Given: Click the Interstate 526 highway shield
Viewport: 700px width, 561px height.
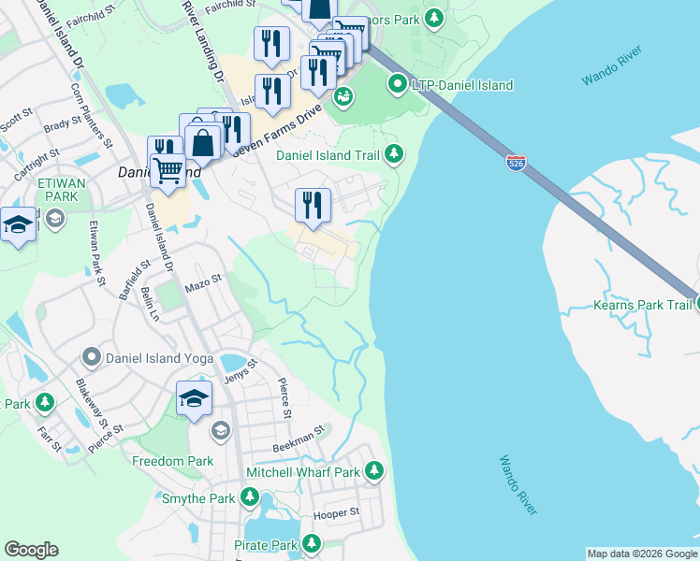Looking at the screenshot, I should [x=514, y=162].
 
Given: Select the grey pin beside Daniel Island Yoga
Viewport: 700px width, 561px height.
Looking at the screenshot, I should [x=91, y=357].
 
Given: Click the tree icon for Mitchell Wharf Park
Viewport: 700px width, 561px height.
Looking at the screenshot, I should [x=374, y=470].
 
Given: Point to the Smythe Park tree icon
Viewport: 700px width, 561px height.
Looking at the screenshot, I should [x=250, y=498].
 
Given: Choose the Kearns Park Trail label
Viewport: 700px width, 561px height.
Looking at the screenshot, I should [x=642, y=305].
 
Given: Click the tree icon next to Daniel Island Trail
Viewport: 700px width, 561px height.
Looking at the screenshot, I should [x=394, y=154].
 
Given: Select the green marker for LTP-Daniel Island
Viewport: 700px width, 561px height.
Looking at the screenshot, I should [x=398, y=85].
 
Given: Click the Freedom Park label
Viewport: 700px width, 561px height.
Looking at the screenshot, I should [x=172, y=461].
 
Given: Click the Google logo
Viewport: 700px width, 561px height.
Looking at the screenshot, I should [x=31, y=550].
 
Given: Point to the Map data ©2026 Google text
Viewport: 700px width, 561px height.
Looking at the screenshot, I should [x=641, y=554].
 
